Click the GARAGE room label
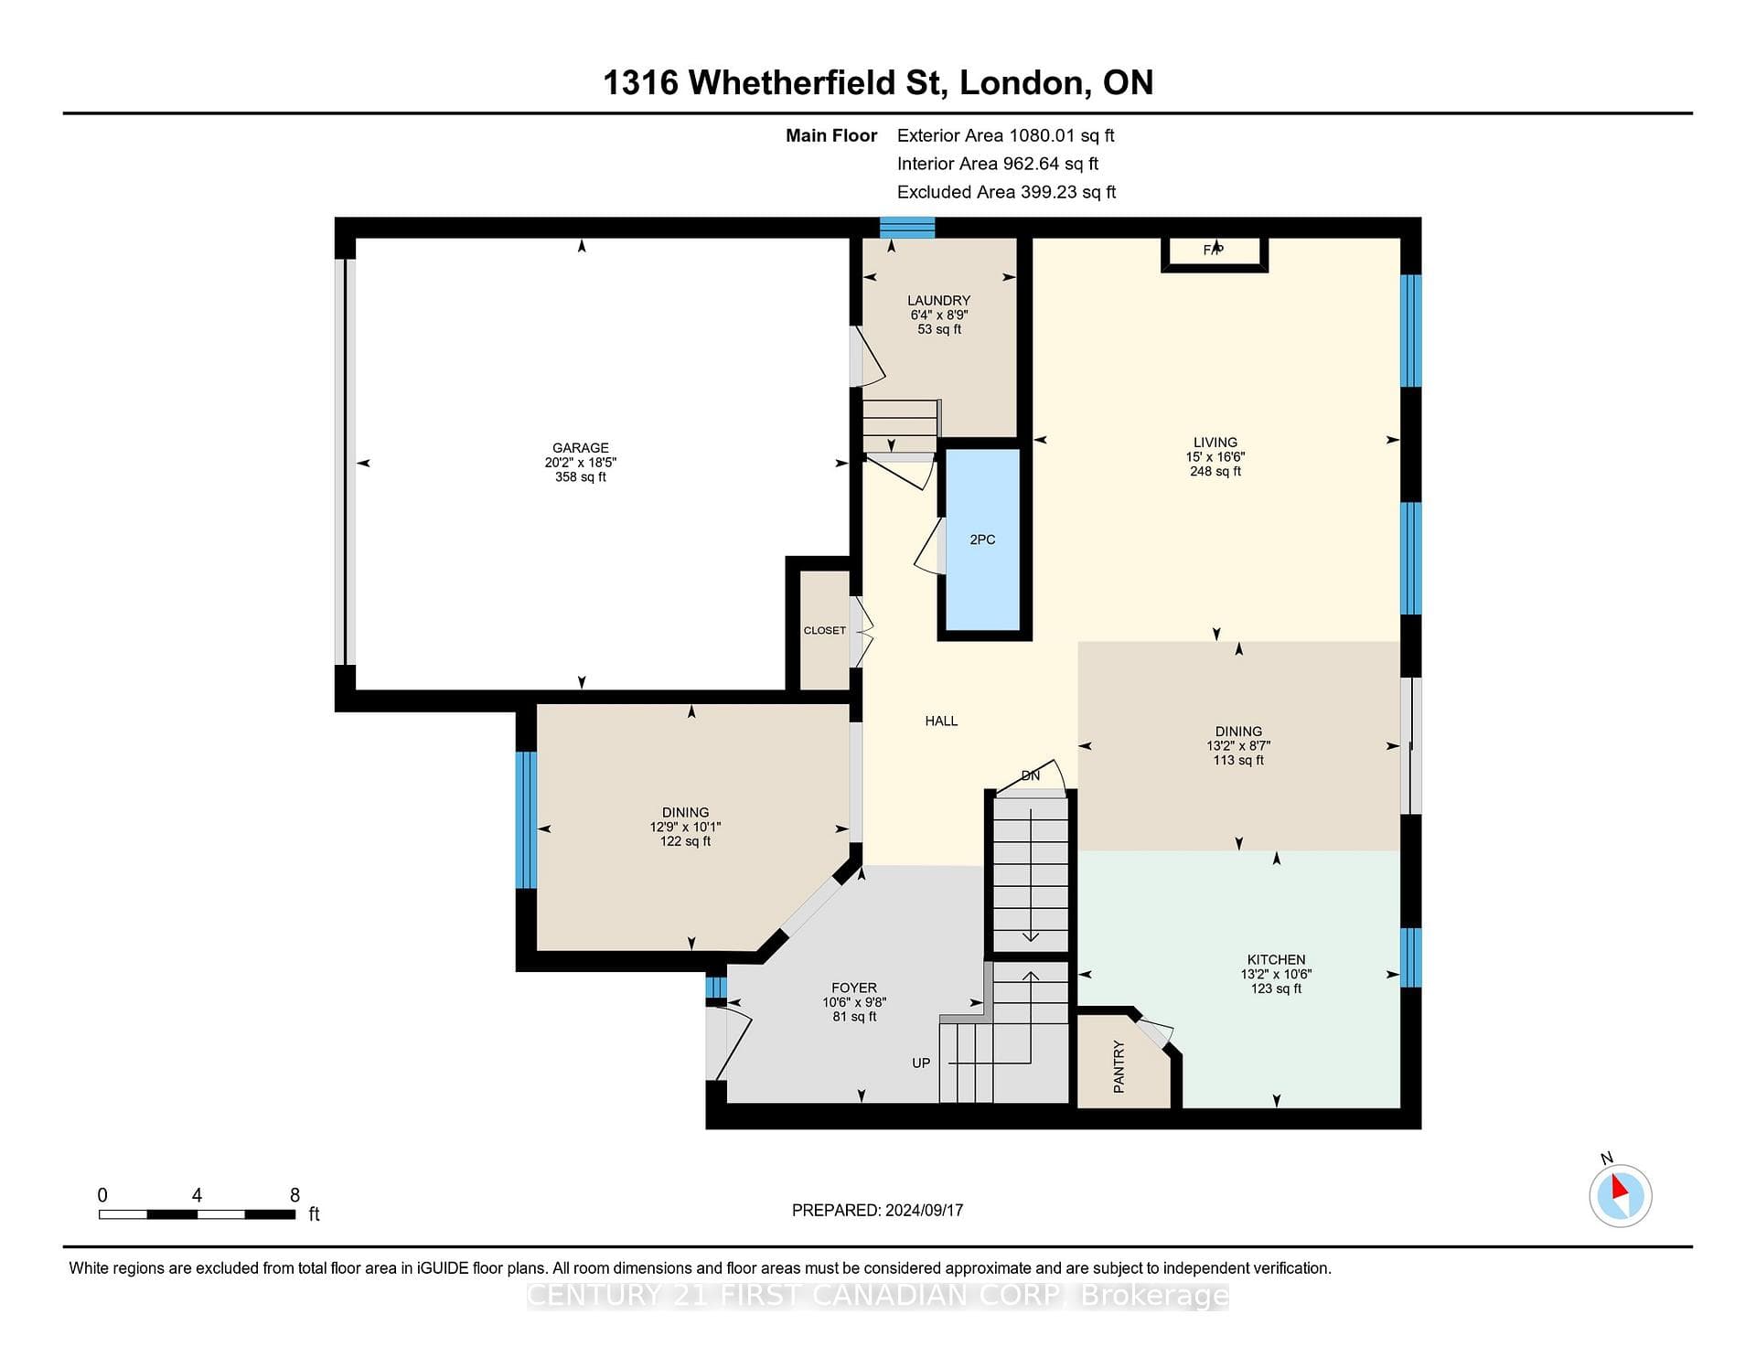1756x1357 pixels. [x=581, y=448]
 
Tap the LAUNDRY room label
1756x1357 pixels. [x=938, y=301]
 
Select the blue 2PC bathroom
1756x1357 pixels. [x=982, y=540]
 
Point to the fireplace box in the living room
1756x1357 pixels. [x=1215, y=253]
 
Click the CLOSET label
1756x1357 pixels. [x=824, y=630]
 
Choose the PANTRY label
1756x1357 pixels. [x=1119, y=1066]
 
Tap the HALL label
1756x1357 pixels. [x=941, y=721]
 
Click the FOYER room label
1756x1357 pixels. [x=854, y=988]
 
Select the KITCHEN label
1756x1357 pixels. [x=1276, y=960]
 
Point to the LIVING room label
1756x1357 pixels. [x=1215, y=443]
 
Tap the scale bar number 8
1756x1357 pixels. [x=294, y=1195]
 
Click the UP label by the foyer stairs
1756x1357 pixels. [x=921, y=1063]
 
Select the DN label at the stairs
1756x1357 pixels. [x=1031, y=775]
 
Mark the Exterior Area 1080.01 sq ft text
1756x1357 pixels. [x=1005, y=135]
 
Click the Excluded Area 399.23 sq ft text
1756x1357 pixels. [x=1006, y=192]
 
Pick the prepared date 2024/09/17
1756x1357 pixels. [x=924, y=1210]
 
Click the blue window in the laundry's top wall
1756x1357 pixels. [x=907, y=228]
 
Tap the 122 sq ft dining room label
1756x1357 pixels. [x=685, y=841]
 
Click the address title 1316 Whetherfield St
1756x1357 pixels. [x=772, y=83]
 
